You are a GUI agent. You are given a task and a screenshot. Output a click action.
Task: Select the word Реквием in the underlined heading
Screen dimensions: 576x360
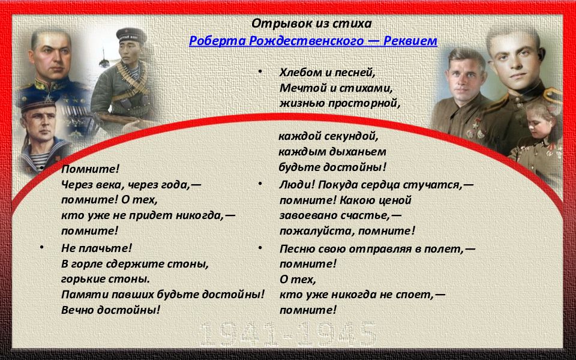click(410, 41)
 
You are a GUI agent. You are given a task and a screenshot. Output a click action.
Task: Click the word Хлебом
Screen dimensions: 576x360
click(301, 73)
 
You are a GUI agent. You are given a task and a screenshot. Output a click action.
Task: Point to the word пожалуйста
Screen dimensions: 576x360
click(317, 231)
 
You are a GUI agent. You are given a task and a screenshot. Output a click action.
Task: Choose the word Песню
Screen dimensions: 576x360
click(297, 248)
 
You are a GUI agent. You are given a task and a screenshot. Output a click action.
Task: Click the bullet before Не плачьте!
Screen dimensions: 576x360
click(41, 248)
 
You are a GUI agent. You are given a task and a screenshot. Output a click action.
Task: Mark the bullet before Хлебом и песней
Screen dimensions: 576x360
click(260, 71)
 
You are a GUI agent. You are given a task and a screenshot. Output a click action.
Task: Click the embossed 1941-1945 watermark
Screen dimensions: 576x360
click(287, 334)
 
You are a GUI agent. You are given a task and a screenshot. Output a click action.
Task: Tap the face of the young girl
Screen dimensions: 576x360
click(538, 127)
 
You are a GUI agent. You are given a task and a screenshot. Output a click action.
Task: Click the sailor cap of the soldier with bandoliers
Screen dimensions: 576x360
click(131, 35)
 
